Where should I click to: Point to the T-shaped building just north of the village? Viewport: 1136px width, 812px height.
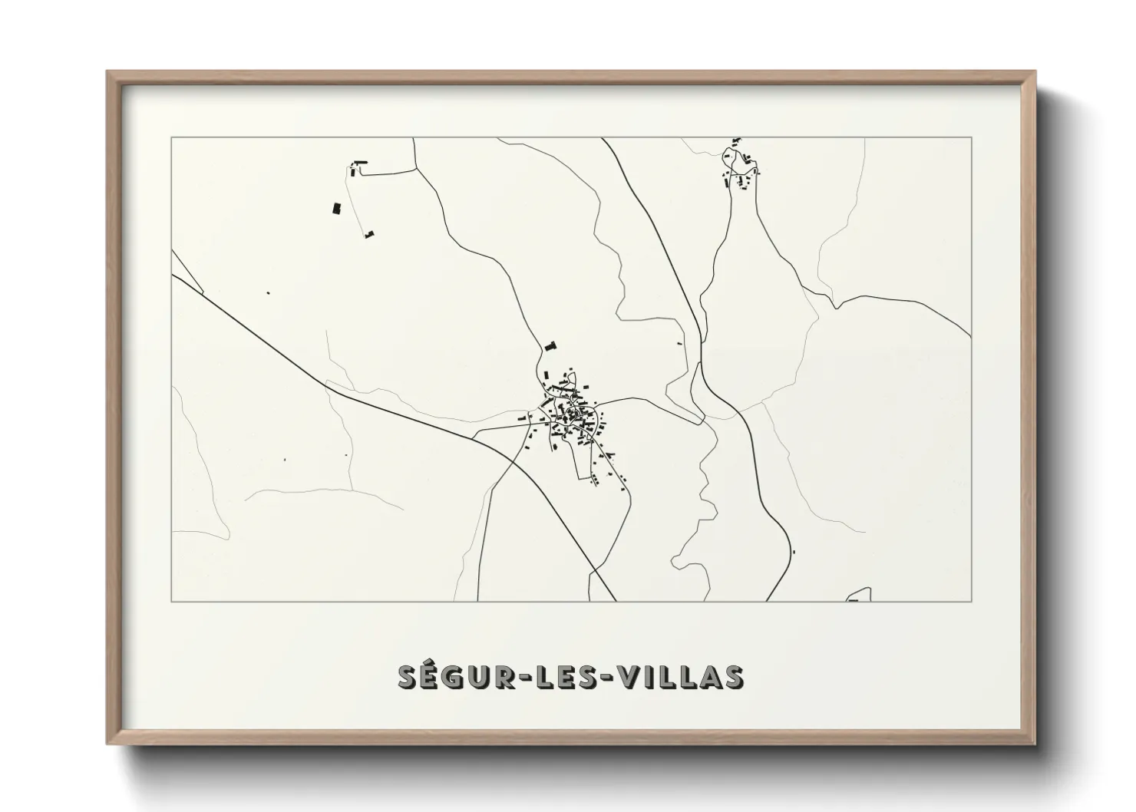(x=550, y=346)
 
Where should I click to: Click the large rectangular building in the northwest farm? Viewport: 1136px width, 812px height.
(x=335, y=208)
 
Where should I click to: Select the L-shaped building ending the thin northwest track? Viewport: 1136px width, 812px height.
(x=369, y=233)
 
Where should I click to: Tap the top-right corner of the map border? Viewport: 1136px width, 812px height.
(x=972, y=137)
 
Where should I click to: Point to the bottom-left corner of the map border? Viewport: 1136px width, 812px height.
(x=172, y=601)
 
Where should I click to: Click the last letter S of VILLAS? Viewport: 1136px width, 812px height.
(x=733, y=677)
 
